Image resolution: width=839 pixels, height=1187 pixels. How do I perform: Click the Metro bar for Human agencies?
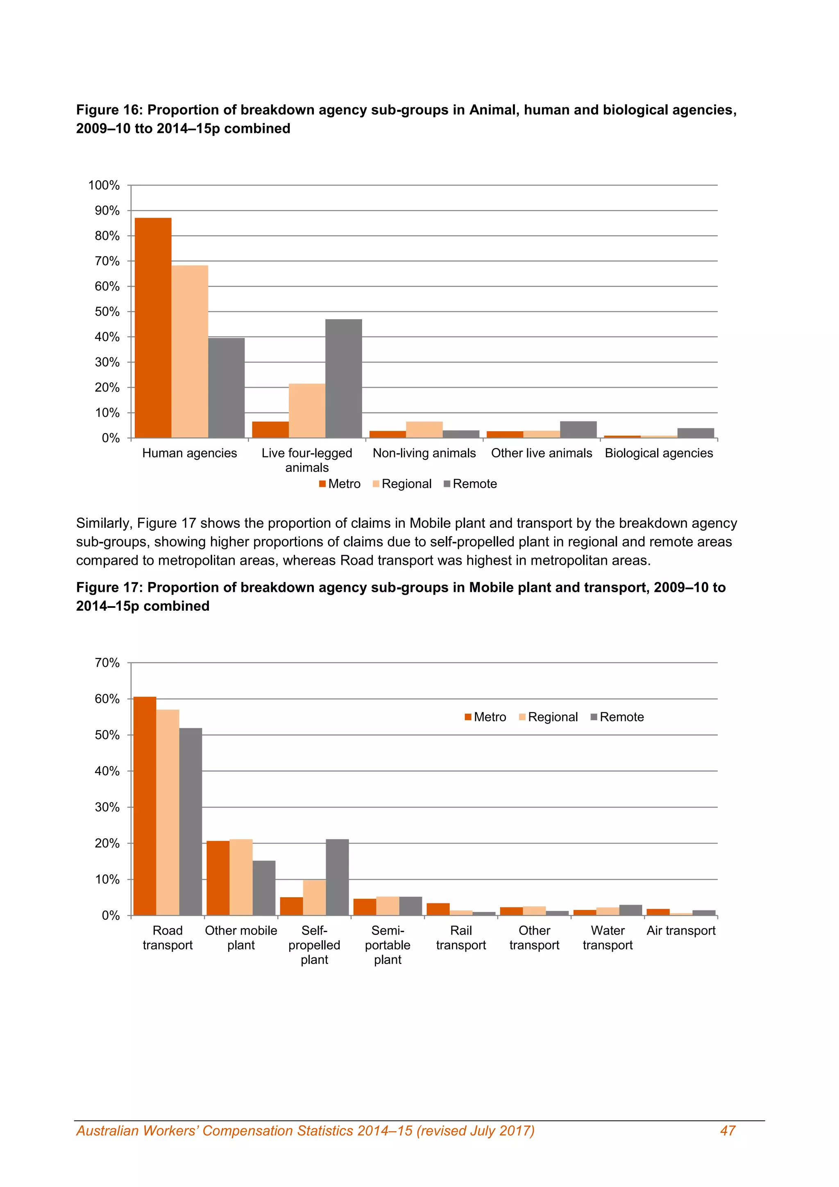point(153,328)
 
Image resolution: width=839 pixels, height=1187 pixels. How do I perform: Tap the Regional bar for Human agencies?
point(190,352)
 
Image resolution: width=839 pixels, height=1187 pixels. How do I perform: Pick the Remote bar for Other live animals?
point(578,430)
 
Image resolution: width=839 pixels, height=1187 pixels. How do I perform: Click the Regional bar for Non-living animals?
point(424,430)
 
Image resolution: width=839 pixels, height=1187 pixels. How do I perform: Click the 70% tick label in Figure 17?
point(107,663)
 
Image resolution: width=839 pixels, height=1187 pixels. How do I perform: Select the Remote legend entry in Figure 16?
point(470,484)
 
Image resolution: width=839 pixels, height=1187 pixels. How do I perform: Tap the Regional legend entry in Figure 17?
point(548,717)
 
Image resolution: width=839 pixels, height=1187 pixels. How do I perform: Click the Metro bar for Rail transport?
point(438,910)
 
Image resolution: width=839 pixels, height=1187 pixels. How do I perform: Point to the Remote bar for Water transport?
point(630,910)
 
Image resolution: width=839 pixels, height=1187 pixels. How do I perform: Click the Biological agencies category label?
point(659,453)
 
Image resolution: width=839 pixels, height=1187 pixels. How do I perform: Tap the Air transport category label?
point(681,930)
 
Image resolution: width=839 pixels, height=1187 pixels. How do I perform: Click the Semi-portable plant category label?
point(388,945)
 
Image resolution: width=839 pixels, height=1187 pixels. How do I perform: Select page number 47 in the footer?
point(728,1131)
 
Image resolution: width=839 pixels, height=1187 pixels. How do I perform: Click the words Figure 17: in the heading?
point(109,587)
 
